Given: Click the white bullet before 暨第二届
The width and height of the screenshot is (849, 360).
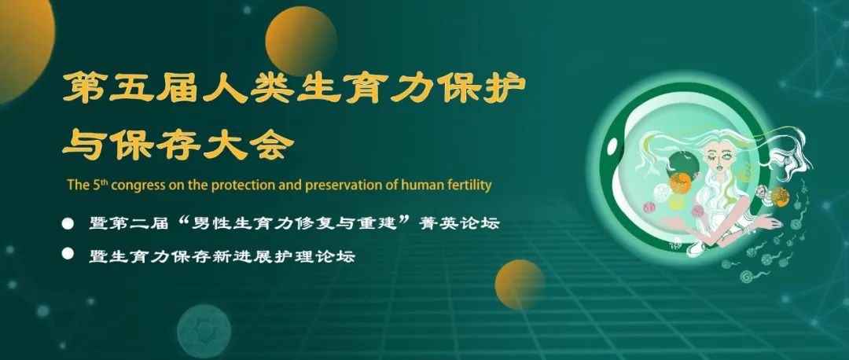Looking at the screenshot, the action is click(68, 223).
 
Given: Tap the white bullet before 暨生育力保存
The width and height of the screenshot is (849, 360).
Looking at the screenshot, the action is click(68, 253).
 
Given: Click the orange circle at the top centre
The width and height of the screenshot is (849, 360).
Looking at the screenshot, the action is click(301, 41).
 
